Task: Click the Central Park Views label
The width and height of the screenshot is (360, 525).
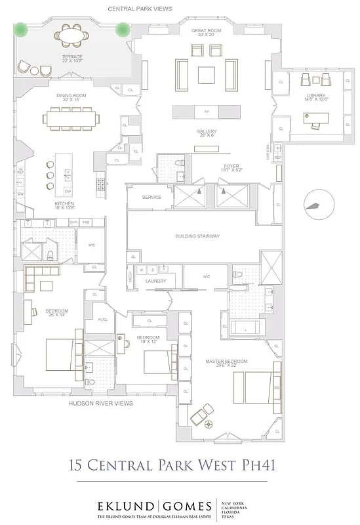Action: pos(140,10)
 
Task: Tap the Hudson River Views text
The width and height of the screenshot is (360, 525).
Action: pos(101,403)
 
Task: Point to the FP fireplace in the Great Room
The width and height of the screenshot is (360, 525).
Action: pos(206,112)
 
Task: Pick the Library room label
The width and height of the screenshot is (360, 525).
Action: pos(314,96)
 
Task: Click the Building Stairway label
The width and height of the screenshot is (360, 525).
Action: pos(197,236)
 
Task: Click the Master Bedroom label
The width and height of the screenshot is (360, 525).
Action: pos(226,362)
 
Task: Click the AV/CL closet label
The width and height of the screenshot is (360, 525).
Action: pos(102,320)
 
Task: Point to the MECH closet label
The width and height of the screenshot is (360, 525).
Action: pos(130,277)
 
